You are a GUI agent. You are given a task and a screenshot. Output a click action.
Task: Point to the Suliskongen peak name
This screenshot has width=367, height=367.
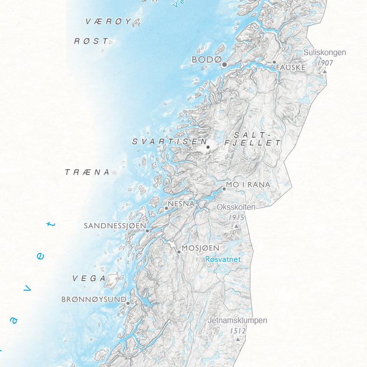click(324, 52)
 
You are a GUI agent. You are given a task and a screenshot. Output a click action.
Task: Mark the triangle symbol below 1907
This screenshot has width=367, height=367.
click(324, 71)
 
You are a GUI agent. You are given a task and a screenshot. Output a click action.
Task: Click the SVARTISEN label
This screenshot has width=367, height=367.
click(169, 141)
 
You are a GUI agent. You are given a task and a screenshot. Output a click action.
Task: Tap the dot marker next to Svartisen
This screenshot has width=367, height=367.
click(208, 147)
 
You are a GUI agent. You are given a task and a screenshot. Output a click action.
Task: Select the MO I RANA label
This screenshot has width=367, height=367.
click(248, 184)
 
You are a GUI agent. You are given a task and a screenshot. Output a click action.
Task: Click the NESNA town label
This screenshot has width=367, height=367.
click(182, 203)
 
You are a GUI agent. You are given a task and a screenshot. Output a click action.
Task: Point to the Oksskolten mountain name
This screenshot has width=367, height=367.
click(236, 207)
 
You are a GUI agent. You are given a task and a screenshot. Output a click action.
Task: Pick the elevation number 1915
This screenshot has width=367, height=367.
click(236, 217)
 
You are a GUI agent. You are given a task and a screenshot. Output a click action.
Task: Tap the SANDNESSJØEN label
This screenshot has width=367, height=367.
click(115, 226)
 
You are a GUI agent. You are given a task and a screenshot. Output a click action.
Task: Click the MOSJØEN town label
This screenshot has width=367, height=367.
click(200, 248)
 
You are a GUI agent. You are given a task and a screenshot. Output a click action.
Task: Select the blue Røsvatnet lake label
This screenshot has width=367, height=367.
click(223, 259)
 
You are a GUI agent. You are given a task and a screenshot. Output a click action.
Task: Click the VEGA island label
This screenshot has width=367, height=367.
click(89, 278)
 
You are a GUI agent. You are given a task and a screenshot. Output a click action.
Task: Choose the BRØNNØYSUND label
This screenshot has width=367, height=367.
click(94, 299)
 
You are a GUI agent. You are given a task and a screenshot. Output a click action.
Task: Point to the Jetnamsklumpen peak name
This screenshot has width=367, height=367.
click(238, 321)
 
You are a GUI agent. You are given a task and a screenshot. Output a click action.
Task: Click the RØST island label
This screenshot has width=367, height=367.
click(91, 42)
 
